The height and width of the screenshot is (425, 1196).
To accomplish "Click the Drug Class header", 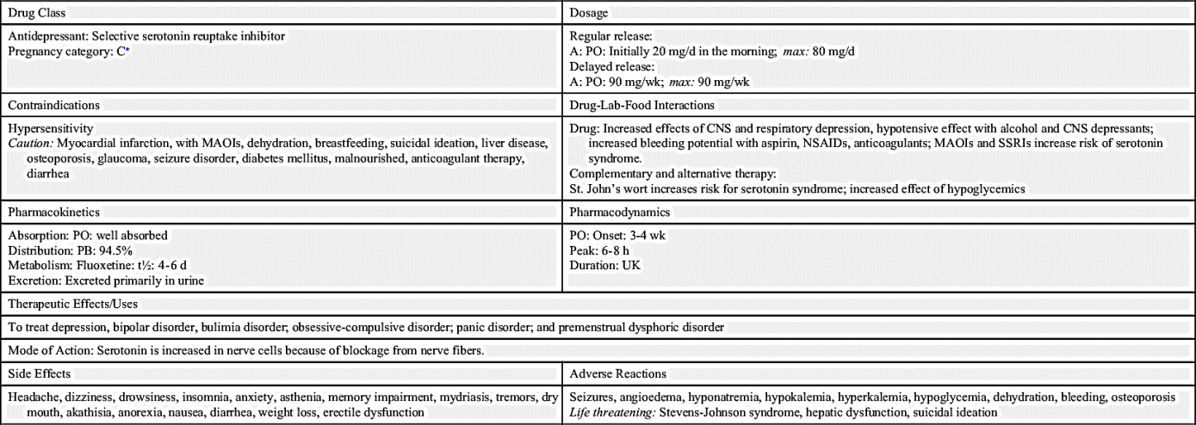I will (36, 13).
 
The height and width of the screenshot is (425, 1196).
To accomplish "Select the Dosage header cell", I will (589, 13).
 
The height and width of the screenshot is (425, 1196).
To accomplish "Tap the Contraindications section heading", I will (53, 105).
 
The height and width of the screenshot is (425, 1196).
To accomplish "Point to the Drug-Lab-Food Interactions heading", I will (641, 105).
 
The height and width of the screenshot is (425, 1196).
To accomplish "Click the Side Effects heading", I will (40, 373).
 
